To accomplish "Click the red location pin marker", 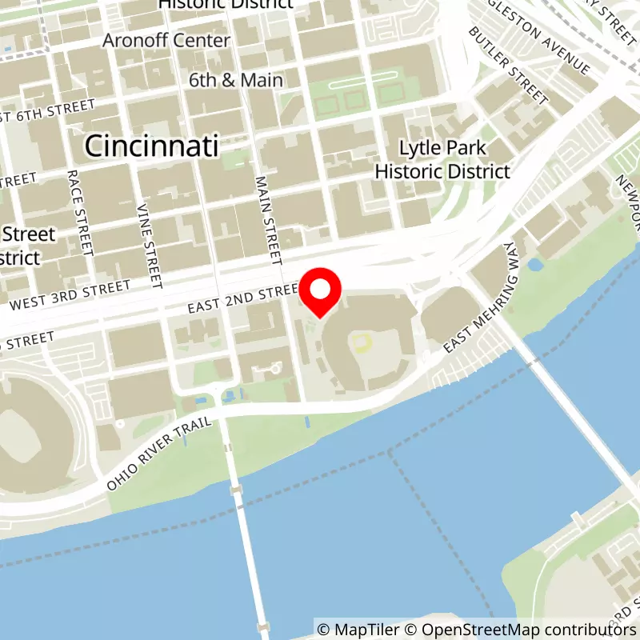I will click(x=320, y=294).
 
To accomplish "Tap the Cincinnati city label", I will click(x=151, y=146).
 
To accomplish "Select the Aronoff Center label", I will click(x=166, y=40).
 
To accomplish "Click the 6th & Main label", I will click(x=236, y=80).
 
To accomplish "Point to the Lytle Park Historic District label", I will click(x=442, y=160).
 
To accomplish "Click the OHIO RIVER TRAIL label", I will click(x=160, y=453).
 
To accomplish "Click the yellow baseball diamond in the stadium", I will click(x=363, y=342).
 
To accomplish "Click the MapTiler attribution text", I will click(x=358, y=629).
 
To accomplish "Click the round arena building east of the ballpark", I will click(x=450, y=314).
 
